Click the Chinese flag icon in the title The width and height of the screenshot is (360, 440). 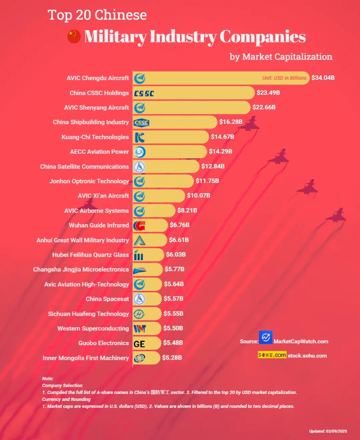tap(74, 37)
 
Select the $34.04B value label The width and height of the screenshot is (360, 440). tap(323, 78)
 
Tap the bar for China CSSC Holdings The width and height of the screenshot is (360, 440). tap(200, 93)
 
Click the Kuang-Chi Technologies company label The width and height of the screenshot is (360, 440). tap(95, 137)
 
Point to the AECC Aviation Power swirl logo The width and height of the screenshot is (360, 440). tap(140, 152)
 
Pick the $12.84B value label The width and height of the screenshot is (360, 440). tap(213, 166)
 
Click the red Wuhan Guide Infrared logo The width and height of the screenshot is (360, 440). tap(139, 226)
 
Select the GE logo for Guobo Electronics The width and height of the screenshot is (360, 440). tap(139, 344)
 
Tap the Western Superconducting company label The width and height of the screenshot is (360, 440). tap(93, 329)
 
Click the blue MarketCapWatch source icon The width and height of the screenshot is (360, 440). tap(266, 337)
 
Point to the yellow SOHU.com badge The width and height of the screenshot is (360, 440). tap(272, 355)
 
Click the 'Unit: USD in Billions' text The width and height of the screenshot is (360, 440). tap(284, 78)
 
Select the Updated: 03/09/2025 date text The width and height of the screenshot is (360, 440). tap(328, 431)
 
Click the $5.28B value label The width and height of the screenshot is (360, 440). tap(172, 358)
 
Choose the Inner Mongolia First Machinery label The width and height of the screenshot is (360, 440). tap(86, 358)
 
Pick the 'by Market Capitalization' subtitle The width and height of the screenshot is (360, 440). tap(281, 57)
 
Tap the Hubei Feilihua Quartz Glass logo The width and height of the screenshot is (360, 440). tap(139, 255)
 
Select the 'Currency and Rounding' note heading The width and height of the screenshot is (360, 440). tap(66, 399)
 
